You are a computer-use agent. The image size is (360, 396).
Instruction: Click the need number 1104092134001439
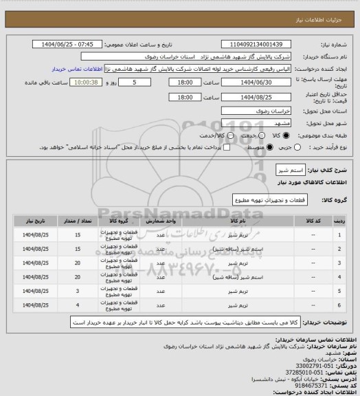click(262, 43)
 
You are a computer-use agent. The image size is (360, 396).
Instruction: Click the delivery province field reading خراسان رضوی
click(262, 109)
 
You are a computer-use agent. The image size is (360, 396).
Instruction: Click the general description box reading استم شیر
click(284, 169)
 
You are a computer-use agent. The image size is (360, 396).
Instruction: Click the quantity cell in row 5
click(78, 291)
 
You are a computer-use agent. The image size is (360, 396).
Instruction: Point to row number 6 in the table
click(339, 305)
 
